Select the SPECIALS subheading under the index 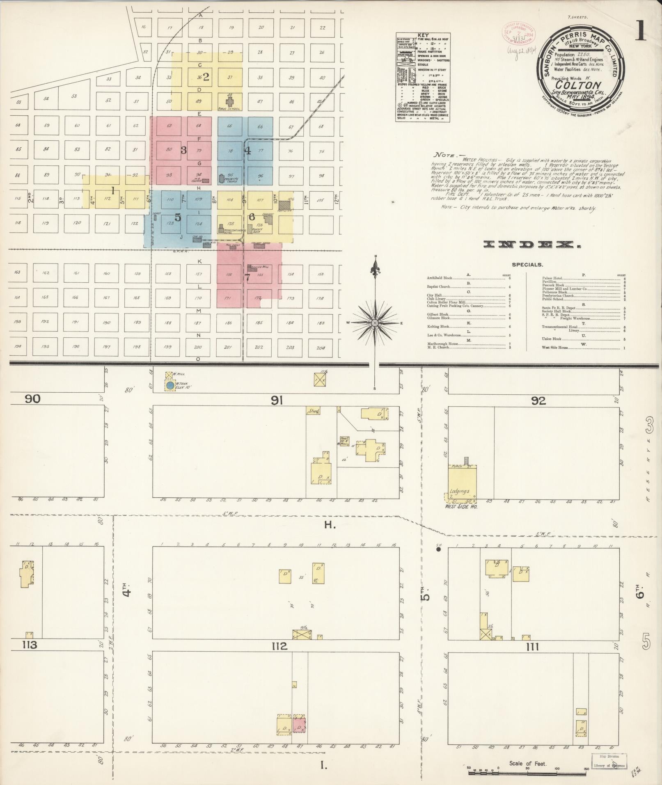pos(527,265)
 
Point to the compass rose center pos(375,323)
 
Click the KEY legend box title pos(422,36)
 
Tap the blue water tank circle pos(170,385)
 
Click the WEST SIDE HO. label pos(461,506)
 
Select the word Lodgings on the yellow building pos(459,491)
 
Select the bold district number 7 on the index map pos(247,277)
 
